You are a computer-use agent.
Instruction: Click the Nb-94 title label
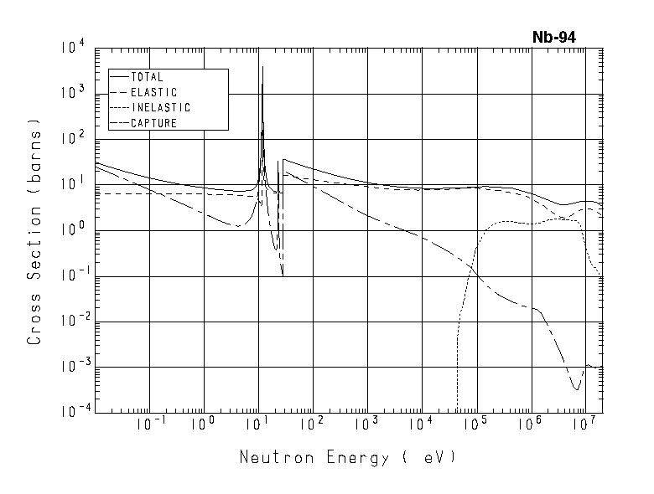(553, 37)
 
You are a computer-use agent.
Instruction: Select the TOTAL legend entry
(147, 77)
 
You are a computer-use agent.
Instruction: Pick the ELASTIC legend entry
(154, 92)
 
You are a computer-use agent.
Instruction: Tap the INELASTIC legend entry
(160, 108)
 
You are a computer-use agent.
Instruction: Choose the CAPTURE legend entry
(153, 123)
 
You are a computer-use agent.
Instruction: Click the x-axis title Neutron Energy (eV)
(348, 457)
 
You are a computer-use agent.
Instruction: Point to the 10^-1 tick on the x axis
(149, 425)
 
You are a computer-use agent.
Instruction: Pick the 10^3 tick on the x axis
(366, 425)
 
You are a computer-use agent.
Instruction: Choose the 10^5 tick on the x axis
(475, 425)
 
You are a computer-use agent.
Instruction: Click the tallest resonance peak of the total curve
(262, 67)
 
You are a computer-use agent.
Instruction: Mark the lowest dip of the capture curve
(576, 389)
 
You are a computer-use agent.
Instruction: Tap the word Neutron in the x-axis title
(269, 457)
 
